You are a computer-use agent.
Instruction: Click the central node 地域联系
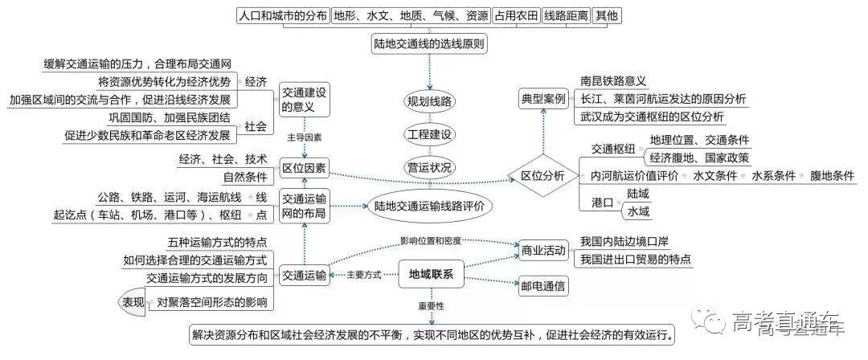[426, 275]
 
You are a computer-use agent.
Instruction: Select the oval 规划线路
[429, 101]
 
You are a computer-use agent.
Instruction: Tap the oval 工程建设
[429, 133]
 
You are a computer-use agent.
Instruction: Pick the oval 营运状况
[429, 167]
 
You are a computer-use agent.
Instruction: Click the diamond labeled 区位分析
[543, 175]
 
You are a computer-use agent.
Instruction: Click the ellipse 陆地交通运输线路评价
[429, 206]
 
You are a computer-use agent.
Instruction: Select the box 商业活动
[542, 250]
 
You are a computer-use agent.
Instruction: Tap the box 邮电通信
[542, 284]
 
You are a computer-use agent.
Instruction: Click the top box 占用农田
[516, 15]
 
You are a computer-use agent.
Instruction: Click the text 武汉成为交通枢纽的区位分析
[652, 117]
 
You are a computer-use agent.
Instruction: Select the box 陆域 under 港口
[638, 194]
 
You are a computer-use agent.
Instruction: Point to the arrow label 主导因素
[305, 137]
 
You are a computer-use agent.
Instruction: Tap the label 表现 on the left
[133, 302]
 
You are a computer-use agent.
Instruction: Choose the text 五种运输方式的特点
[217, 242]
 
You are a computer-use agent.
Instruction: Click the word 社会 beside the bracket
[256, 126]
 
